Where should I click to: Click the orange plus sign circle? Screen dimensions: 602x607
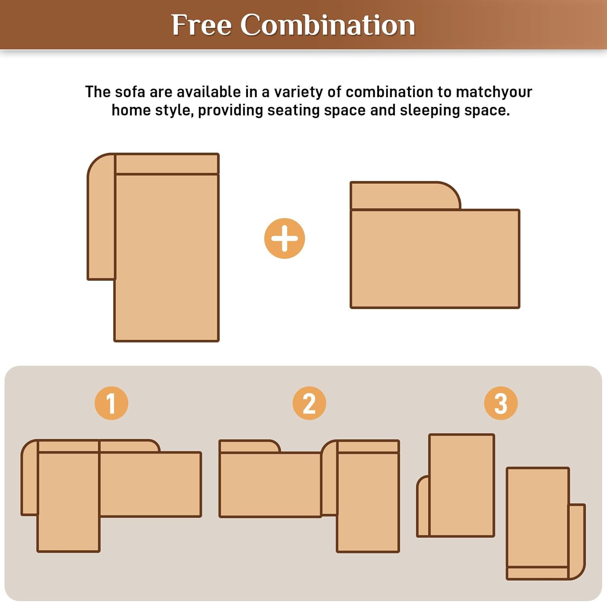(284, 238)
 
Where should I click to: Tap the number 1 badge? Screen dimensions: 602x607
(111, 403)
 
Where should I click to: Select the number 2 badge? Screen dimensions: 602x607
(309, 403)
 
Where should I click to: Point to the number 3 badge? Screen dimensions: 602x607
(501, 403)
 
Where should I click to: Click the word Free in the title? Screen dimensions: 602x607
(201, 25)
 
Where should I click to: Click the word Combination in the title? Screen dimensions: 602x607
(328, 25)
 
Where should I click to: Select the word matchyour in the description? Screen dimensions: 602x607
(494, 92)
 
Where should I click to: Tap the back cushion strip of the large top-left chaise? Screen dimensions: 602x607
(167, 164)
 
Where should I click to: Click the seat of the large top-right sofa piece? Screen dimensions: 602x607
(435, 259)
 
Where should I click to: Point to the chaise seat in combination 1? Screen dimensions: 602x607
(68, 502)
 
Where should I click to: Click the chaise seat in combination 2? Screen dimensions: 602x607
(368, 502)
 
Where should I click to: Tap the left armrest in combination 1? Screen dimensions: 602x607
(30, 481)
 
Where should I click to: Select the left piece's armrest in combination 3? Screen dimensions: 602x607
(423, 508)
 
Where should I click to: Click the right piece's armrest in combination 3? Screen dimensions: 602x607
(577, 540)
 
